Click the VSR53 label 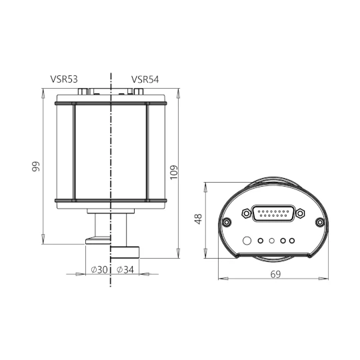point(64,79)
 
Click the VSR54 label point(145,79)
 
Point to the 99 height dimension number point(36,167)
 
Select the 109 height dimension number point(174,173)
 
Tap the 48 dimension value point(198,219)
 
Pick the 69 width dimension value point(275,274)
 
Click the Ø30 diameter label point(99,269)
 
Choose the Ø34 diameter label point(125,269)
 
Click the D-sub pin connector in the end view point(273,214)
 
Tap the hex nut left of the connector point(247,213)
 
